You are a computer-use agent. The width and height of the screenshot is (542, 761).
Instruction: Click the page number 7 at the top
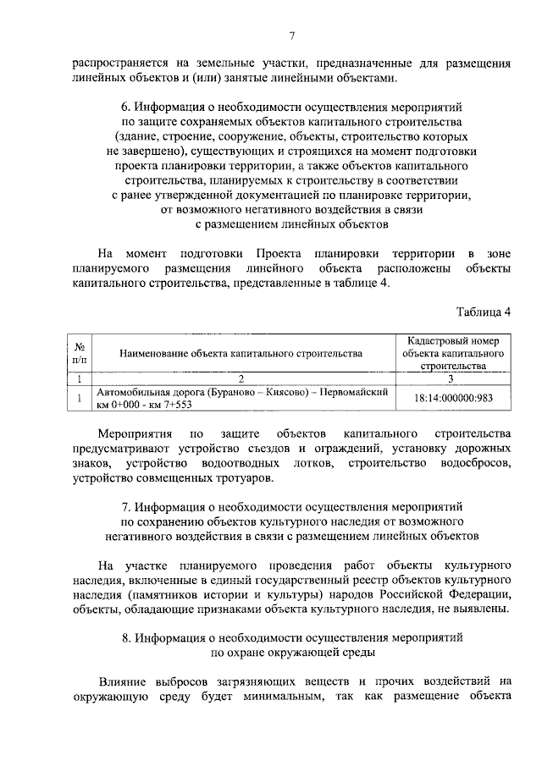coord(290,35)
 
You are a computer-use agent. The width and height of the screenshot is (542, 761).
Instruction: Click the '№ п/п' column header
coord(79,353)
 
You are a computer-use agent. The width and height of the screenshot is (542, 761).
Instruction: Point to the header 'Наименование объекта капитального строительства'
coord(241,353)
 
